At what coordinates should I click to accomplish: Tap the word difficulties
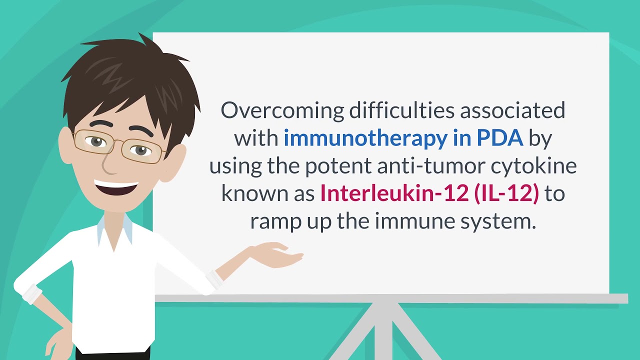(x=399, y=110)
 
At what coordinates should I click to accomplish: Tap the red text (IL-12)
(x=506, y=193)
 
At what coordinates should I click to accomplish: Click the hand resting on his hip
(x=55, y=340)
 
